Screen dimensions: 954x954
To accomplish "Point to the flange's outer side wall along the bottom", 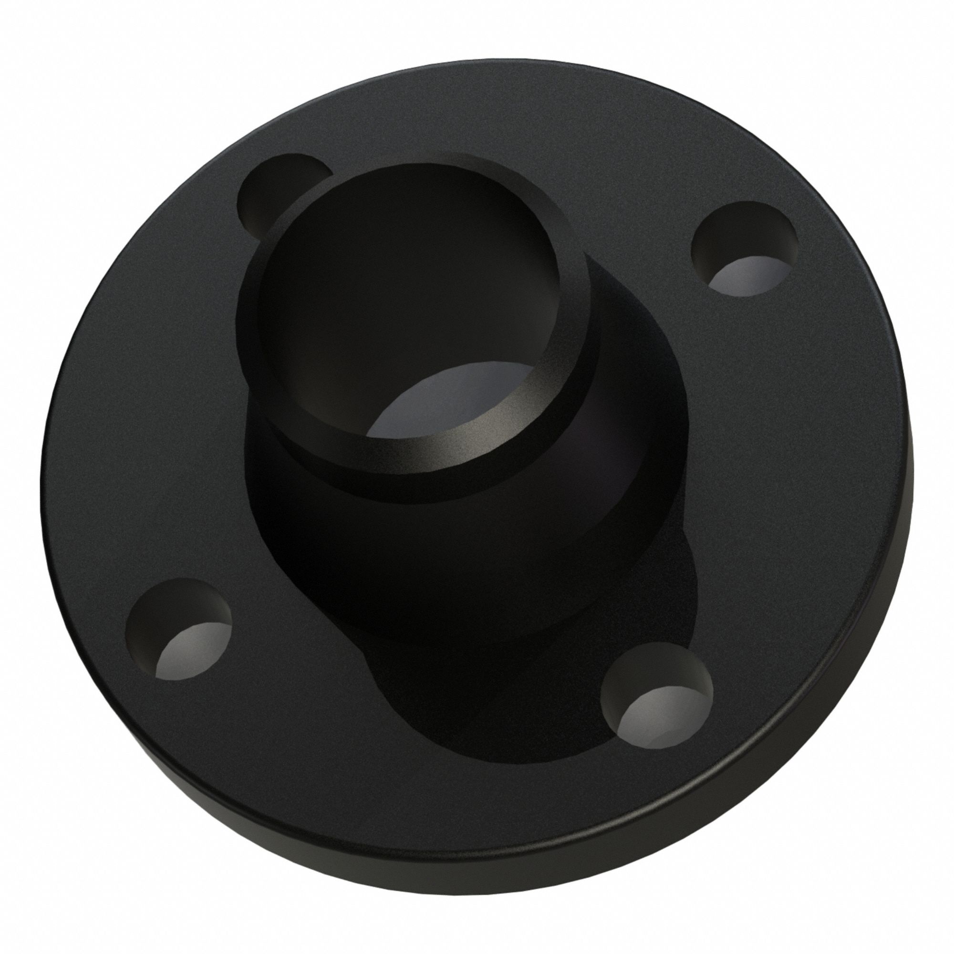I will point(474,889).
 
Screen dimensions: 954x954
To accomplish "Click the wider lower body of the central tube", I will point(445,568).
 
